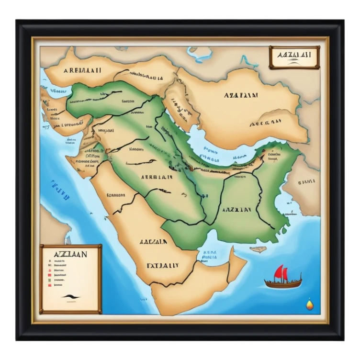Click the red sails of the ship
pyautogui.click(x=281, y=273)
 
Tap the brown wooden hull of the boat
pyautogui.click(x=283, y=284)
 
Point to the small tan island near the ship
pyautogui.click(x=258, y=249)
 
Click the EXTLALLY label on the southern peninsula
pyautogui.click(x=162, y=265)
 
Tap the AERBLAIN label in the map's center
pyautogui.click(x=157, y=176)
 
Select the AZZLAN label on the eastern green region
pyautogui.click(x=236, y=210)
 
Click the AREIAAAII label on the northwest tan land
pyautogui.click(x=82, y=70)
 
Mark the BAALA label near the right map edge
pyautogui.click(x=306, y=182)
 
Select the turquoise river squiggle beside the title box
pyautogui.click(x=248, y=61)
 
